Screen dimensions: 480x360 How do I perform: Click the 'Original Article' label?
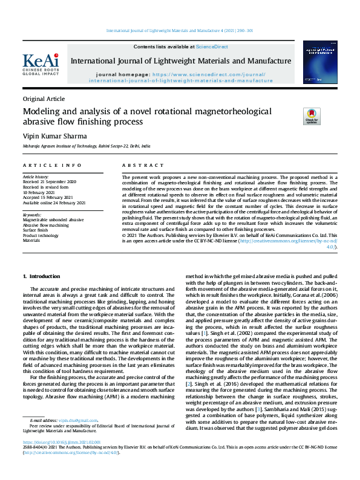point(44,99)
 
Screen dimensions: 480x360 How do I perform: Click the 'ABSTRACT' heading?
point(140,165)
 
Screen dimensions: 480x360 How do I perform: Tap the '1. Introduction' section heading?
point(45,276)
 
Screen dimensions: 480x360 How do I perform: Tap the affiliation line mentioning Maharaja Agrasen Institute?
point(87,146)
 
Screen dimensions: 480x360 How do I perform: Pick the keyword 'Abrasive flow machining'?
point(46,225)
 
